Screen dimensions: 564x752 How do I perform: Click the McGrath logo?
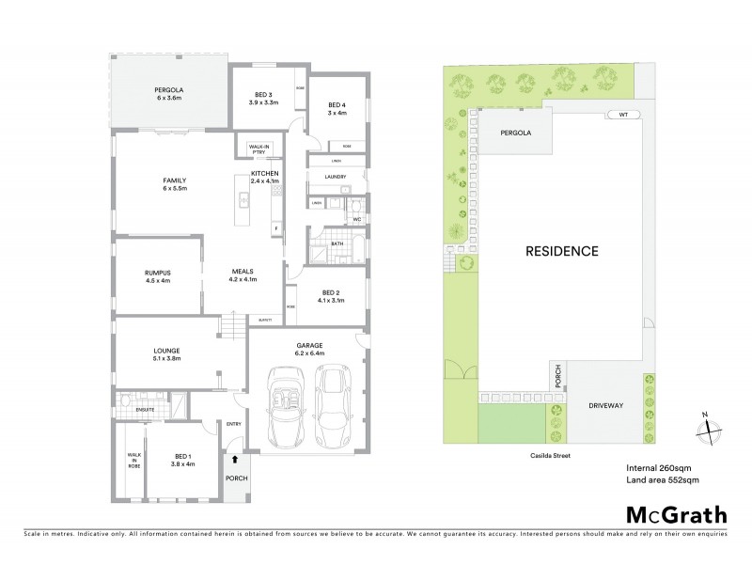(676, 514)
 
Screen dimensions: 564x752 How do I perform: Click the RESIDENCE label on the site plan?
(561, 251)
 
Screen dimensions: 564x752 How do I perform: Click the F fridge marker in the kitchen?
(276, 228)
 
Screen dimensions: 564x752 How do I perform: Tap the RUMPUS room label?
(158, 276)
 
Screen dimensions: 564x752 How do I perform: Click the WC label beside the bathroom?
(357, 219)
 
